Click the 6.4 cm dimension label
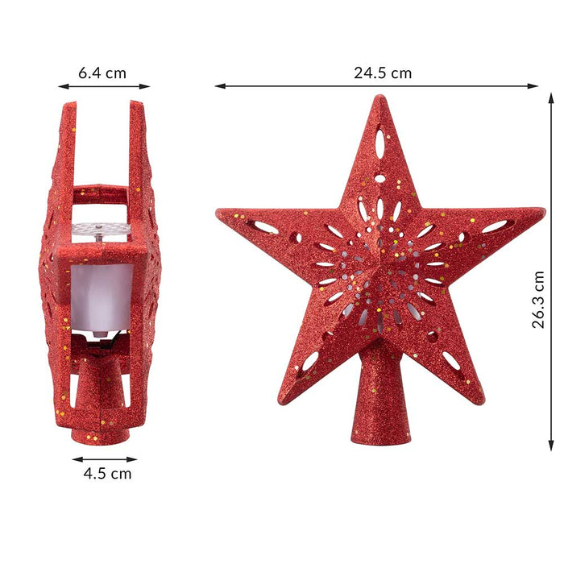(102, 73)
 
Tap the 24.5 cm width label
(382, 73)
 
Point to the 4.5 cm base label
(107, 473)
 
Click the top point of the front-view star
(379, 99)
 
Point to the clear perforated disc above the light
(101, 230)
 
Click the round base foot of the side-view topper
(100, 433)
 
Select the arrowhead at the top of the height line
(551, 96)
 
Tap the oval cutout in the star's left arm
(267, 228)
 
